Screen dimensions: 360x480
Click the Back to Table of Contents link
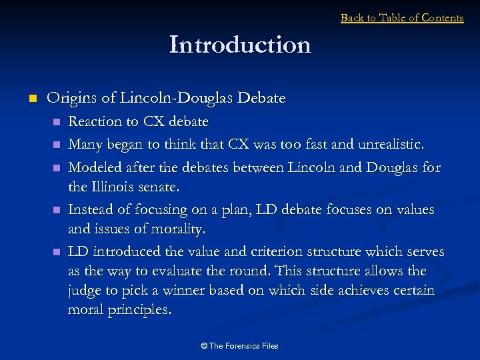401,18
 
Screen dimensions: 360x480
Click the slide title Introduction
240,45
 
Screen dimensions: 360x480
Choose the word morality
180,230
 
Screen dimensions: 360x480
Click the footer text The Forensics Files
239,345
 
